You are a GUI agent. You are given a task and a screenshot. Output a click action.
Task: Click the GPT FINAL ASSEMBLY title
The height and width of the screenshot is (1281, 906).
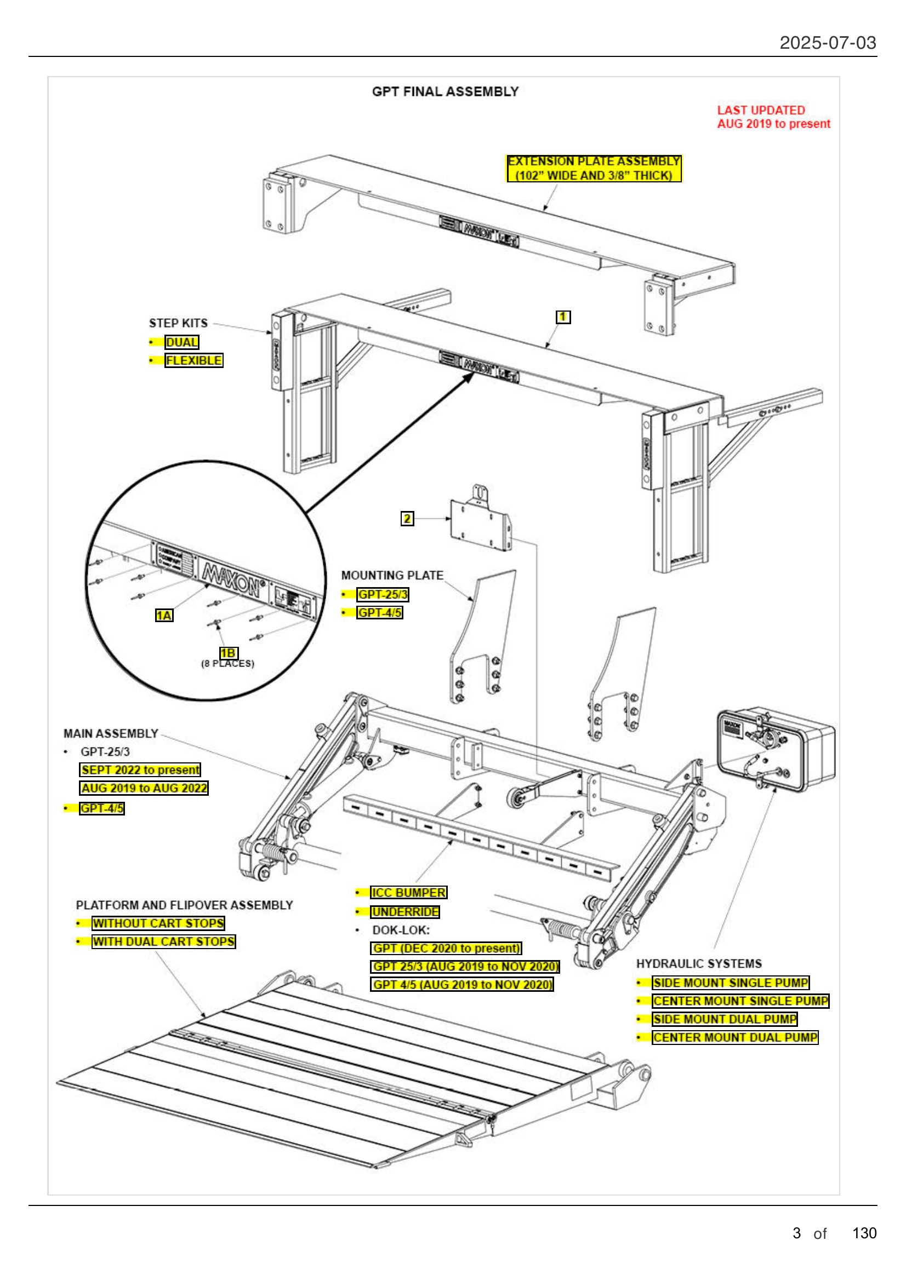[445, 91]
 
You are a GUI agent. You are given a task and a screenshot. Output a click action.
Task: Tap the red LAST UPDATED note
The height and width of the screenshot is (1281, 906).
[773, 117]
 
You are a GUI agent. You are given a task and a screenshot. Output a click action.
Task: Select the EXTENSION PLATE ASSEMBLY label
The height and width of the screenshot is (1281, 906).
[594, 169]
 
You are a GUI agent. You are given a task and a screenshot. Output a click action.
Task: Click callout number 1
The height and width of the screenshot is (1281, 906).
[563, 317]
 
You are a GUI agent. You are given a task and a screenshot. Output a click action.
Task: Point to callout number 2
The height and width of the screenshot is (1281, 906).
[407, 519]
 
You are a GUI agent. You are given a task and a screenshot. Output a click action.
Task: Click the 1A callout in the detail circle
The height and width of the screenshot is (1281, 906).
[163, 616]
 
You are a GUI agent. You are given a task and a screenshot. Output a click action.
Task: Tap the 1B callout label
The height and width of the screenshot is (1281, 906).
[229, 653]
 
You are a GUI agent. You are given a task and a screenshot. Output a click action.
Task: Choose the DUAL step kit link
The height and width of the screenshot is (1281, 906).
[182, 342]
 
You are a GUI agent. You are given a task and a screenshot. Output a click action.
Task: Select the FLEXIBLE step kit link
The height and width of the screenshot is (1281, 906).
[193, 360]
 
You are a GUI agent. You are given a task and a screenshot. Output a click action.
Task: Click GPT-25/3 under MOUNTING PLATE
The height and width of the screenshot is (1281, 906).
[383, 595]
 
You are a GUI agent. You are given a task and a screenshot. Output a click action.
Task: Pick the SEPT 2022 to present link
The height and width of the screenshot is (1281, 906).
[140, 770]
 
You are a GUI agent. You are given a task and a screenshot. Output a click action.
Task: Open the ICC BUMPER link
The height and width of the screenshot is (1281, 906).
[409, 893]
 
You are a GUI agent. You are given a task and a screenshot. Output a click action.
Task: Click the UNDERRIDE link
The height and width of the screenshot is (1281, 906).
[405, 912]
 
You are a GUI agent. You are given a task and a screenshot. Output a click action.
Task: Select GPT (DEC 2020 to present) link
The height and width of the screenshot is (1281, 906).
[446, 949]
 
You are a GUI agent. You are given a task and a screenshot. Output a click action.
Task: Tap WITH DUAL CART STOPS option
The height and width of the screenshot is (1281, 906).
[163, 942]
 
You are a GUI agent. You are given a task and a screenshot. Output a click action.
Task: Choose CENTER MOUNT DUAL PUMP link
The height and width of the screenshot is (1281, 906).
[734, 1038]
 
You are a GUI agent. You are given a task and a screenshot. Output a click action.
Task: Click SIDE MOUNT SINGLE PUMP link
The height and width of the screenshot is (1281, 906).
[730, 983]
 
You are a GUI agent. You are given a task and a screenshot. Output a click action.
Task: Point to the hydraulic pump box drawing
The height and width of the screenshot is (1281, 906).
[776, 749]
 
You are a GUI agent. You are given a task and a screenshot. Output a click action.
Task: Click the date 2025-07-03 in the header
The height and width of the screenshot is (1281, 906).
[827, 43]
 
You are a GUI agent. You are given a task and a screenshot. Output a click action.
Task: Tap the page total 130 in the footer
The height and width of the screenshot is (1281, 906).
[864, 1233]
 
